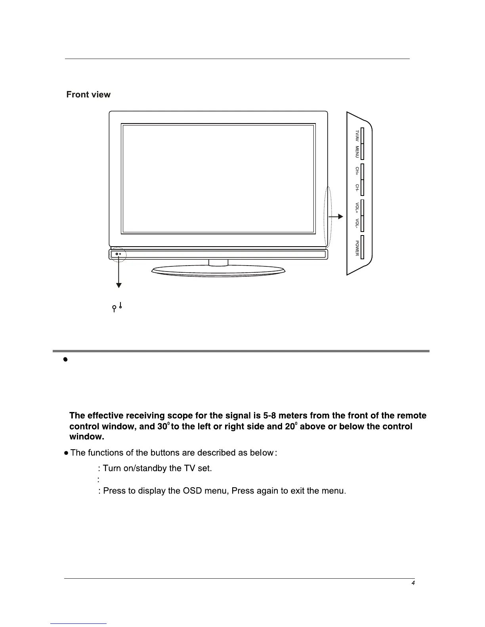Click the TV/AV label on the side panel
357,136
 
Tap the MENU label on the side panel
357,152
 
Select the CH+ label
357,171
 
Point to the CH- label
357,188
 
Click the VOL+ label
357,208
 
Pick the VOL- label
357,224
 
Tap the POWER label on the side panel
357,248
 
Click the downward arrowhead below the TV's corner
118,285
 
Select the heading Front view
88,95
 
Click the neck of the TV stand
218,262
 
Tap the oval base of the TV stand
218,271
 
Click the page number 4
413,583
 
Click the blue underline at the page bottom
79,623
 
